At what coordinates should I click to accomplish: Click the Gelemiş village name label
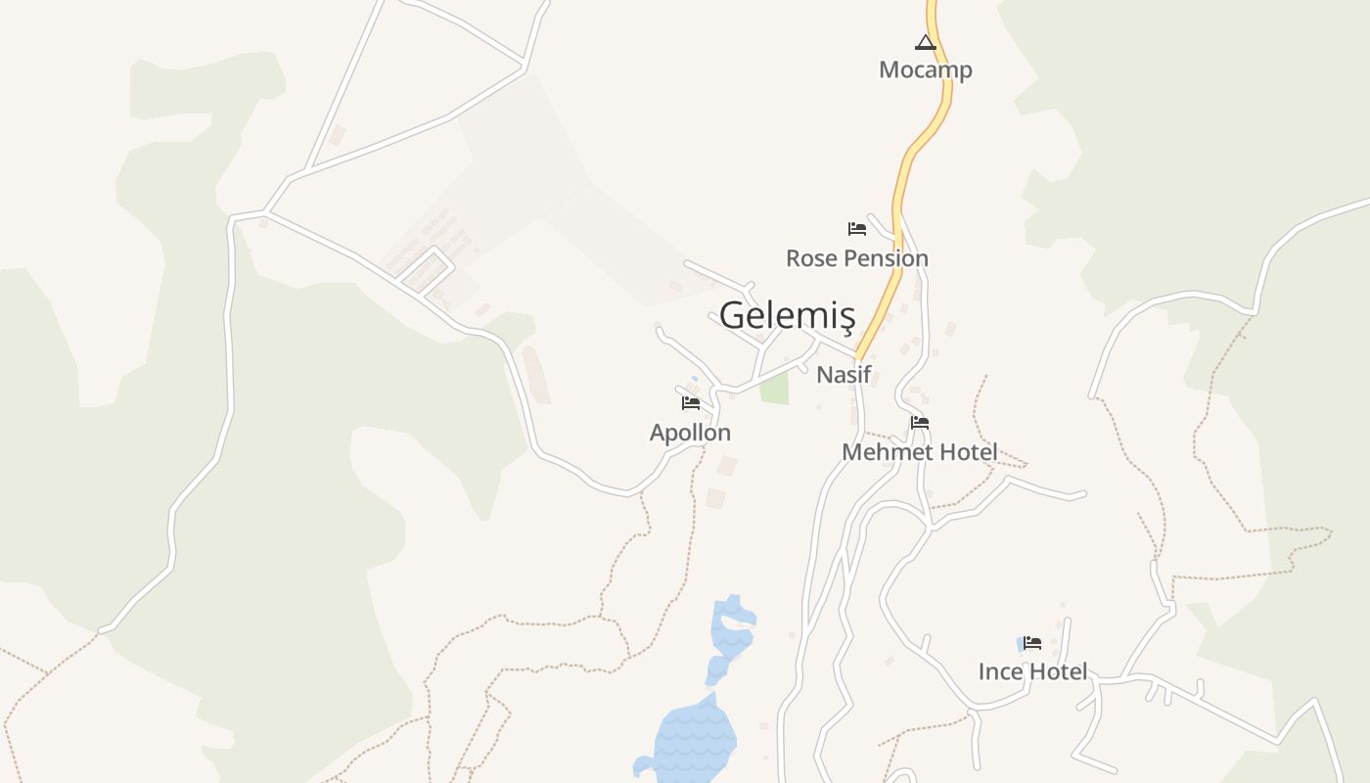(787, 316)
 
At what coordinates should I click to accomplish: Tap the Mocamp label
(925, 70)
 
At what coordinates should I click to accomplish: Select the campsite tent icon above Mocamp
(925, 42)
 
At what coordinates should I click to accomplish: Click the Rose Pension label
(856, 258)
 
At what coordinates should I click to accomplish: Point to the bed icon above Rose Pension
(857, 229)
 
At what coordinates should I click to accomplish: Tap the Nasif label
(844, 374)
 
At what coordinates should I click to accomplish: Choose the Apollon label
(690, 433)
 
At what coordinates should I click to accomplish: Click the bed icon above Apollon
(691, 403)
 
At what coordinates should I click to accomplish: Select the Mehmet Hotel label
(919, 452)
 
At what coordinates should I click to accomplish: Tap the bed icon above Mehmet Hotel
(920, 423)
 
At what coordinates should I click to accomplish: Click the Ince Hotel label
(1032, 671)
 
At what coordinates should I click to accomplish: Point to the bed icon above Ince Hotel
(1032, 643)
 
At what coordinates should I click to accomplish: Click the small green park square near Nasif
(774, 388)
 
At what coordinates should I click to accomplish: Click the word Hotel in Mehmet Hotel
(965, 452)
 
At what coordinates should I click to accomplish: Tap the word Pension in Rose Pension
(885, 258)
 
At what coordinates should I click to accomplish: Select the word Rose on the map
(810, 258)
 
